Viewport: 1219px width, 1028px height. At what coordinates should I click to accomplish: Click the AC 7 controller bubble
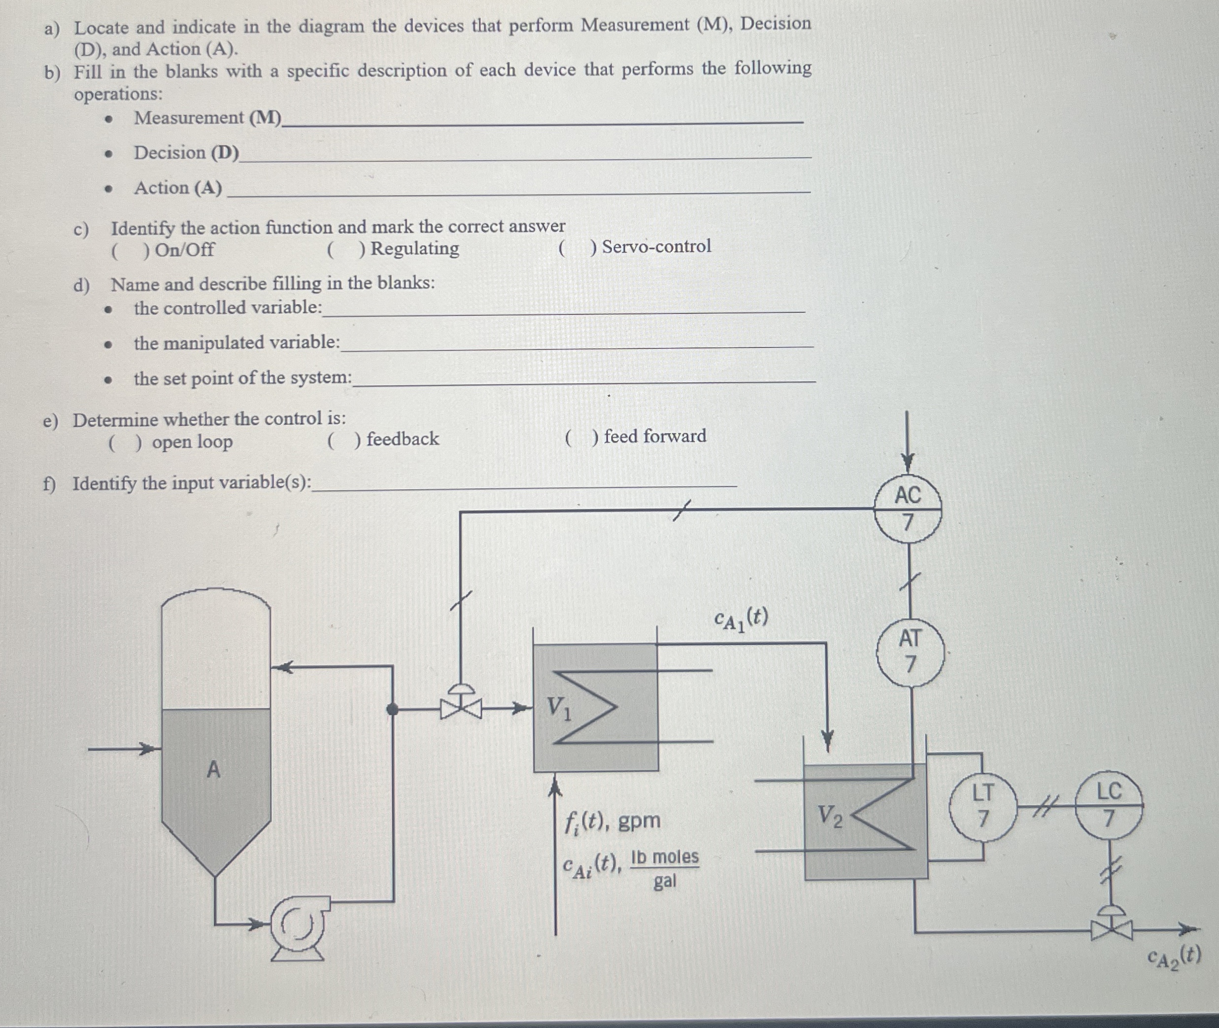coord(908,509)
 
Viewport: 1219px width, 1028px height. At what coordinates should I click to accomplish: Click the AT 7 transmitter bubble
coord(910,652)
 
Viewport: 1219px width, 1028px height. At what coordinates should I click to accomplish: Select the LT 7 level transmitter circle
coord(982,805)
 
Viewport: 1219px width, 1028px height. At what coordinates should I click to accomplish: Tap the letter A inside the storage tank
coord(214,770)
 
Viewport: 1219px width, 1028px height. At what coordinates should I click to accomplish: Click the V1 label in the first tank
coord(559,709)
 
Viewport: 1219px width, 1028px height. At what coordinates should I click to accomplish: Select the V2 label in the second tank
coord(830,816)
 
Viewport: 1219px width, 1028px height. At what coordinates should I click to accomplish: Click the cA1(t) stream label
coord(741,619)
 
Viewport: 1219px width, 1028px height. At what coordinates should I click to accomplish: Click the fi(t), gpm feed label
coord(612,821)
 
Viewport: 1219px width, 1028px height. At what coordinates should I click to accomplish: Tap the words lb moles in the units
coord(664,857)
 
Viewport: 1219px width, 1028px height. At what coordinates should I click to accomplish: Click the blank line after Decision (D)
coord(524,156)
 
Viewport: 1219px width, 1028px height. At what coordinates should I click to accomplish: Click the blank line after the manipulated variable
coord(577,345)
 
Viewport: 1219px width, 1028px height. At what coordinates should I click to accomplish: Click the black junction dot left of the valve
coord(393,709)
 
